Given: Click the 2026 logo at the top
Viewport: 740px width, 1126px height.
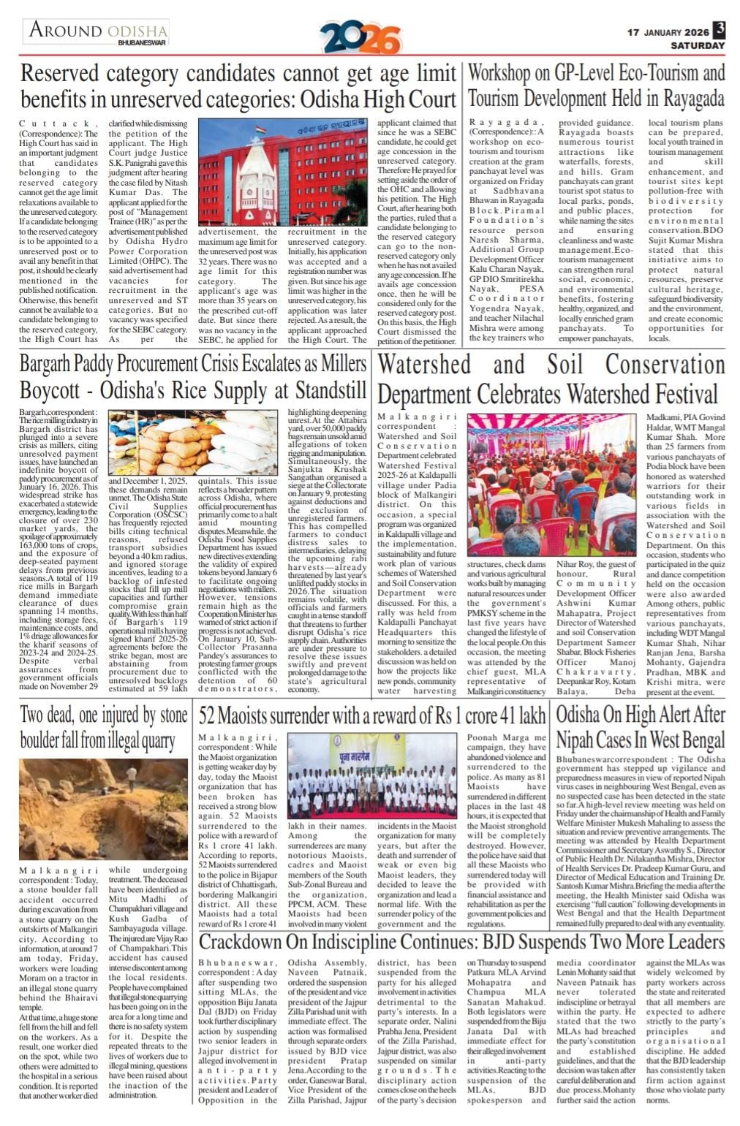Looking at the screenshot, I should pyautogui.click(x=360, y=37).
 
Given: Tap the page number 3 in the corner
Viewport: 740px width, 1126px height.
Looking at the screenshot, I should pyautogui.click(x=720, y=29).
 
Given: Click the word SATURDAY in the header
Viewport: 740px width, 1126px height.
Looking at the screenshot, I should pyautogui.click(x=698, y=45).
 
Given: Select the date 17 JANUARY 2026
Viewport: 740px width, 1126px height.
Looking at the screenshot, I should pyautogui.click(x=668, y=32).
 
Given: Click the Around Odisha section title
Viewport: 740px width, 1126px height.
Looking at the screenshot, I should pyautogui.click(x=98, y=31).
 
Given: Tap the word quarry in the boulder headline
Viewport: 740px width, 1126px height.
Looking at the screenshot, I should pyautogui.click(x=149, y=740).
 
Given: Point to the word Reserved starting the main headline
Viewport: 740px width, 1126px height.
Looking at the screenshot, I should pyautogui.click(x=59, y=74).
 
